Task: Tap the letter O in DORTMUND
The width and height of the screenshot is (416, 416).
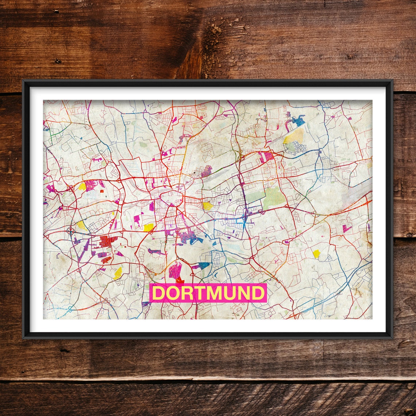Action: (x=173, y=293)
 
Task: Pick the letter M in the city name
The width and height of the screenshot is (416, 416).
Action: (x=215, y=293)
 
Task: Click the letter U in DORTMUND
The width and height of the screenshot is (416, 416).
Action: (x=231, y=293)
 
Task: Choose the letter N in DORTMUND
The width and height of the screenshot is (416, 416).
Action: (x=244, y=293)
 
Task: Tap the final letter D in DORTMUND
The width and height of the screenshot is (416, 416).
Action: (x=258, y=293)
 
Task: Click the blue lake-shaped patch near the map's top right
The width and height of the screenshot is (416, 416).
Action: (x=298, y=120)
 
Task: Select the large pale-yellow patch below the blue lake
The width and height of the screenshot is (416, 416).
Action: (x=295, y=137)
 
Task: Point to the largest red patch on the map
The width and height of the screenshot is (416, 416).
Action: (x=107, y=241)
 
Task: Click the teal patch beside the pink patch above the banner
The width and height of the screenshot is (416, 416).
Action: (x=204, y=265)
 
